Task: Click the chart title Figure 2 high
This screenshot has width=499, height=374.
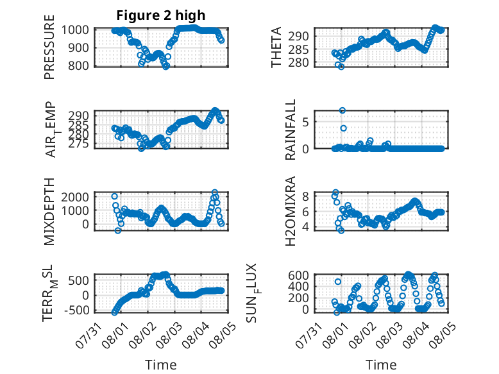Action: (x=161, y=15)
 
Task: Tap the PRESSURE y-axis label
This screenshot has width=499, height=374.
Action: (x=49, y=47)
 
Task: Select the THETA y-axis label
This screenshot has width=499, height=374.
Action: (x=276, y=47)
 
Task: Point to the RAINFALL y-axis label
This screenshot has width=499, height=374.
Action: (x=291, y=130)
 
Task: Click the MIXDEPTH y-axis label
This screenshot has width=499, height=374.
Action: (x=49, y=212)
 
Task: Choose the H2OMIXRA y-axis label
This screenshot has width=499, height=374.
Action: (x=291, y=211)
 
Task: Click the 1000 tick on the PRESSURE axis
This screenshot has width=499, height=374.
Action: (x=75, y=30)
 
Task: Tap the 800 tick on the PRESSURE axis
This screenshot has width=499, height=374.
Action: (x=79, y=65)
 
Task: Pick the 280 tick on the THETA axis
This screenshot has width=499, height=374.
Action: (x=298, y=63)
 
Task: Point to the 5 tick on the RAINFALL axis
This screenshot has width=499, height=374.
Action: (x=305, y=122)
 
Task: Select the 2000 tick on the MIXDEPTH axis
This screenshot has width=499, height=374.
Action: (x=75, y=197)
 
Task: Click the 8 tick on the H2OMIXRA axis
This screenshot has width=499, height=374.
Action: (x=305, y=196)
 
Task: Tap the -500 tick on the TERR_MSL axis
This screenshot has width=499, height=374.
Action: (x=77, y=310)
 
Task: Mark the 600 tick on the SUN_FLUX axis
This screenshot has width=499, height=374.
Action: (x=298, y=275)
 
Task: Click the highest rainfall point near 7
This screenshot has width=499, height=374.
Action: (x=343, y=110)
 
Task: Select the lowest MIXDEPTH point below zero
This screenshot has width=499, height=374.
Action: (x=118, y=230)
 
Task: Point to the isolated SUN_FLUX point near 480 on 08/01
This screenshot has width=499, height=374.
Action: (x=338, y=282)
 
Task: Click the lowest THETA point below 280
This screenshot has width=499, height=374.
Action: (x=341, y=67)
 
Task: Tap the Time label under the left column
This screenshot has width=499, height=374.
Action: (x=161, y=365)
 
